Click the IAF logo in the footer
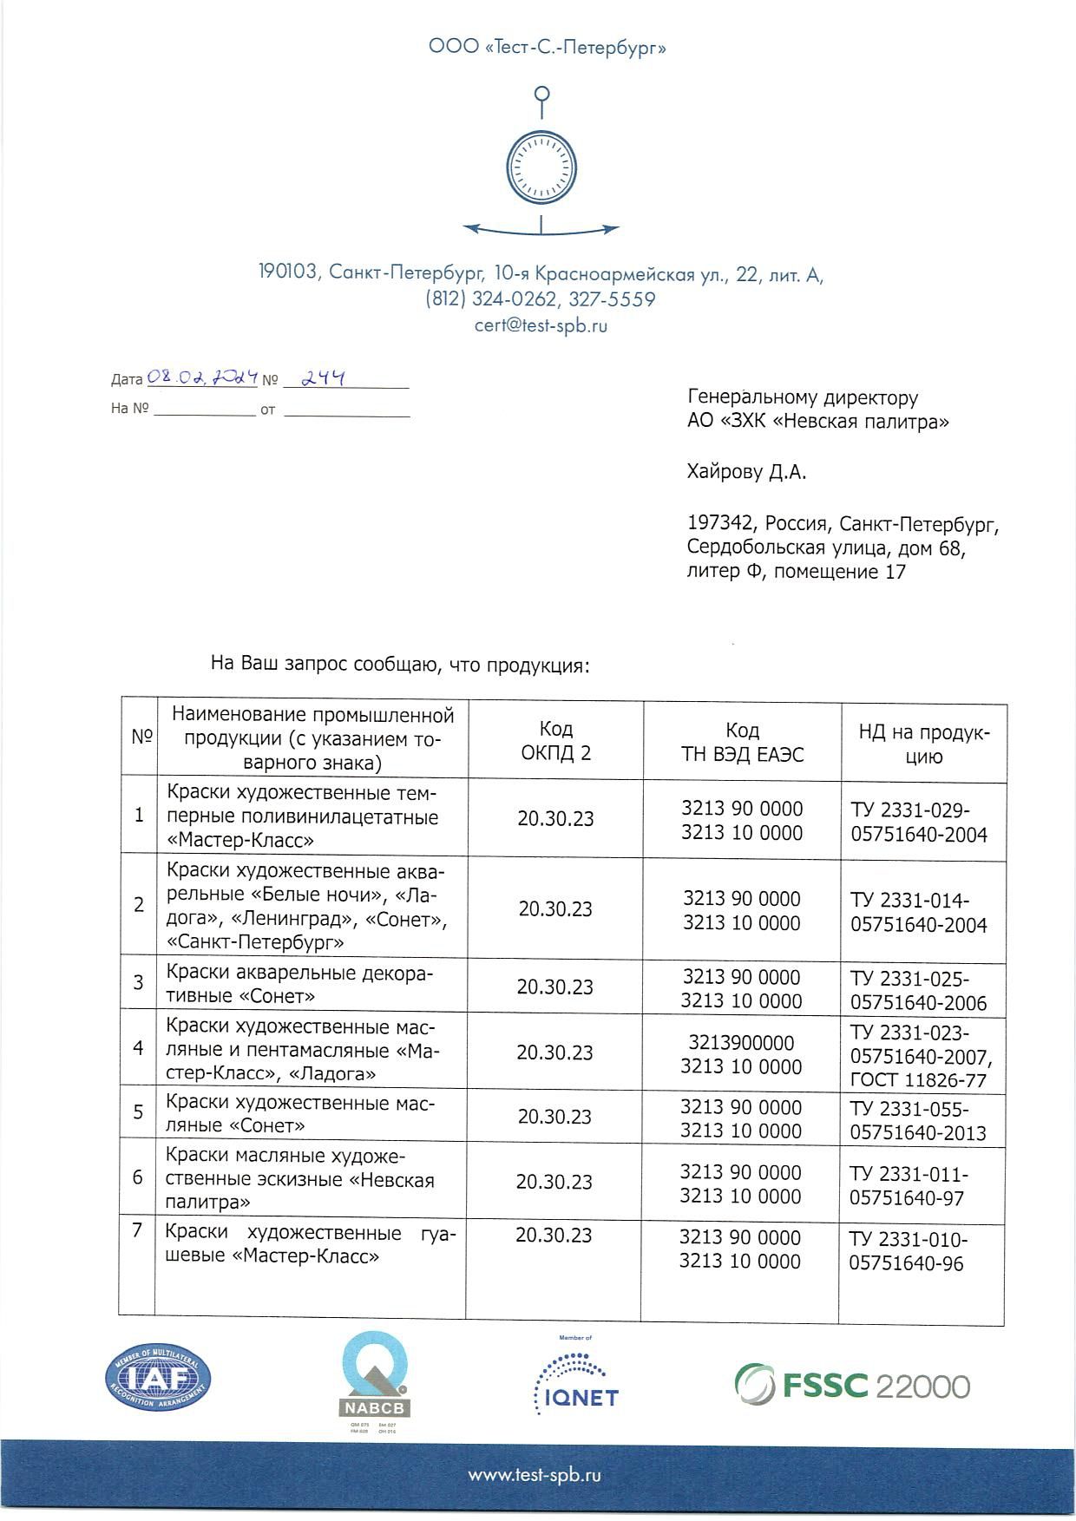[158, 1379]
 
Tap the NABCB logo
[374, 1380]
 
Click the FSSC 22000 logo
[851, 1386]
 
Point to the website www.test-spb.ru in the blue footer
[535, 1475]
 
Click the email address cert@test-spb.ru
[541, 326]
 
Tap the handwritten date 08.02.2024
[202, 377]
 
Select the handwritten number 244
[322, 378]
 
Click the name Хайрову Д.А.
[746, 472]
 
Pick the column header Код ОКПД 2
[555, 740]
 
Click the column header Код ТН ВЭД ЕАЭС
[742, 742]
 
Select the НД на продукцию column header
[923, 744]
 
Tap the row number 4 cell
[138, 1047]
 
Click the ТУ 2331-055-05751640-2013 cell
[918, 1120]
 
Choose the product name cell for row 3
[299, 984]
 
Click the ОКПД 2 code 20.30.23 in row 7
[554, 1236]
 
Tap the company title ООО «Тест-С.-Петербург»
[548, 47]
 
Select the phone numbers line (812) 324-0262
[540, 299]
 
